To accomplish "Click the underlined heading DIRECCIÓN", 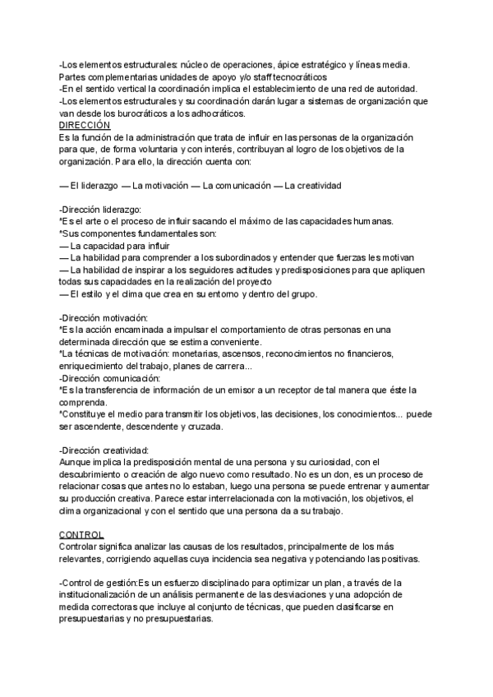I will click(85, 124).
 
